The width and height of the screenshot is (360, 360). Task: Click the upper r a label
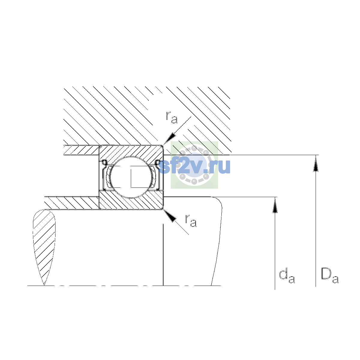(172, 118)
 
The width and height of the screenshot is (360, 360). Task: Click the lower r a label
(191, 221)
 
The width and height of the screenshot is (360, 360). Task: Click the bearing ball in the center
(131, 177)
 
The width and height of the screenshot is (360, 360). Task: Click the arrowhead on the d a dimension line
(275, 205)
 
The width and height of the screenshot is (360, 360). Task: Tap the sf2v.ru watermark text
(194, 166)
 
